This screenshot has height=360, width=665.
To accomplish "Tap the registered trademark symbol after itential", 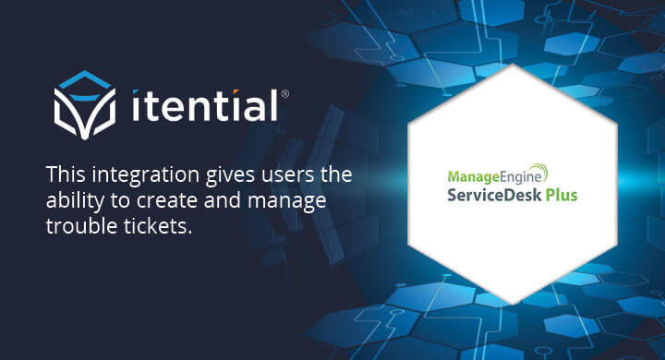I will (284, 93).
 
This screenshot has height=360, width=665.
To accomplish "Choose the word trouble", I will (79, 226).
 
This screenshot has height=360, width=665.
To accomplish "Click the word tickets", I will (161, 226).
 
